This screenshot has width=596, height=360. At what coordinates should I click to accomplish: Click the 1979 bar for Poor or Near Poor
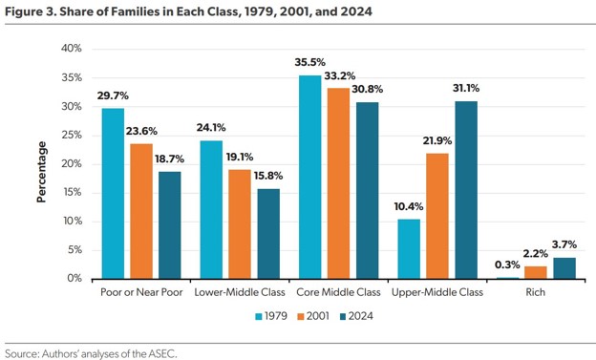tap(113, 194)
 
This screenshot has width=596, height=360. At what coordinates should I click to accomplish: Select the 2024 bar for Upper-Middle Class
tap(466, 190)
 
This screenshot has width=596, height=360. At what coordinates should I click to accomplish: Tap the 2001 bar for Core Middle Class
tap(338, 183)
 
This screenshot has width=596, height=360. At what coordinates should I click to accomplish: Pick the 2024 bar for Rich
tap(564, 268)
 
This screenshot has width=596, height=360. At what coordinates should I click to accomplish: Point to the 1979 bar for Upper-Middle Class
tap(409, 249)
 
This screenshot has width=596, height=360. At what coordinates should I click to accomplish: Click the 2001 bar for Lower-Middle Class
tap(240, 224)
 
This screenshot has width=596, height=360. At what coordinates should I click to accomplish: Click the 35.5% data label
tap(309, 62)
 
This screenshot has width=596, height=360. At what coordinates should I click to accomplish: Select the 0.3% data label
tap(507, 265)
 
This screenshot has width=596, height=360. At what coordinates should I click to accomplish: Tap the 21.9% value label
tap(437, 140)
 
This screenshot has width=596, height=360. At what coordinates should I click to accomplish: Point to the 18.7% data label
tap(169, 159)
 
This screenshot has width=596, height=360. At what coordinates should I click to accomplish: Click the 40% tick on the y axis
tap(72, 49)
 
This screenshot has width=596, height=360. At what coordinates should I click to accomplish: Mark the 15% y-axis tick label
tap(73, 192)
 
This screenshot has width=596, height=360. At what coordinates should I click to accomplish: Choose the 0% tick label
tap(74, 278)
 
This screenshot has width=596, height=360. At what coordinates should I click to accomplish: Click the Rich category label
tap(536, 292)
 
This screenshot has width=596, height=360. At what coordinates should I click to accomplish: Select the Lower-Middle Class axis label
tap(240, 292)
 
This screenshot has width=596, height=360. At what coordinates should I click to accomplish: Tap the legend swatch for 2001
tap(301, 316)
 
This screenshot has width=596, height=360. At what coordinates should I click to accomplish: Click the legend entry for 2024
tap(356, 316)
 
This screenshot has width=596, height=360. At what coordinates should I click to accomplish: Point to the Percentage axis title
tap(41, 172)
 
